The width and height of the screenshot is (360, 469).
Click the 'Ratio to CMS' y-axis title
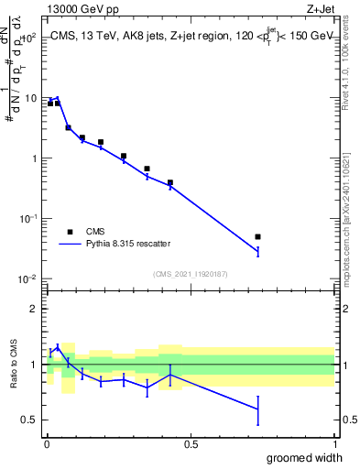[14, 365]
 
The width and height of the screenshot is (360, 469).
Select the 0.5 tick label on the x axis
[191, 444]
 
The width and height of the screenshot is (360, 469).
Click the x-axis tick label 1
[334, 444]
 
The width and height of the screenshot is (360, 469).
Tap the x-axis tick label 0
[46, 444]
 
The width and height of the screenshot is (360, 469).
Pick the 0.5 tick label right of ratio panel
[346, 420]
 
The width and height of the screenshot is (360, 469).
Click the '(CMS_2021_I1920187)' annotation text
[190, 273]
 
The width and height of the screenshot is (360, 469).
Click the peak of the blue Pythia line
[58, 97]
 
